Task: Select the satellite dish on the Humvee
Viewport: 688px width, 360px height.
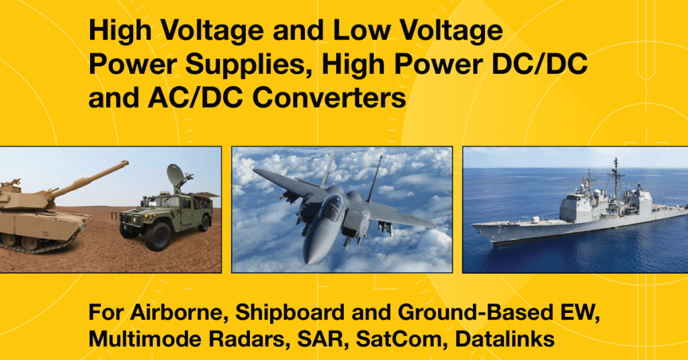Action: pyautogui.click(x=176, y=176)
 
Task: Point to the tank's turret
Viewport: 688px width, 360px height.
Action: pyautogui.click(x=27, y=198)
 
